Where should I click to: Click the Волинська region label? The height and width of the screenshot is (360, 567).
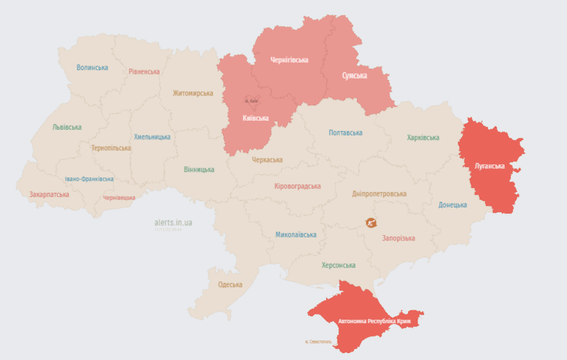click(92, 67)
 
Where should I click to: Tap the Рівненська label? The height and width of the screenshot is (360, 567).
click(144, 72)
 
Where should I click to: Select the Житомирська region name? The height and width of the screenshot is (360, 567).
click(193, 93)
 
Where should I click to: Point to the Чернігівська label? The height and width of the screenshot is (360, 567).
click(290, 60)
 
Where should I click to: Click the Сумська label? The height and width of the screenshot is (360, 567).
click(354, 75)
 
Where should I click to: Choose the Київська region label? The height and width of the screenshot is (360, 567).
click(255, 118)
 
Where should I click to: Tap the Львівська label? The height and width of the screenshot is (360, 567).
click(67, 127)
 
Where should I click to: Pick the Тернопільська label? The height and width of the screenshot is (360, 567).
click(111, 148)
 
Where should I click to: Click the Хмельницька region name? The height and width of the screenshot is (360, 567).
click(152, 137)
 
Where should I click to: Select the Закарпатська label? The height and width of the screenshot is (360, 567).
click(49, 194)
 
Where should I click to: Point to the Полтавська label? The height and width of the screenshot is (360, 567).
click(345, 133)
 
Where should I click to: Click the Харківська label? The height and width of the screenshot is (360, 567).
click(423, 138)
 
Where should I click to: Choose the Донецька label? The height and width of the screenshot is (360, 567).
click(452, 205)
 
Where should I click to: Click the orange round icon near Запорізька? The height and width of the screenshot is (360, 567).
click(371, 223)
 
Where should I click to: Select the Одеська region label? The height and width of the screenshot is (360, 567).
click(230, 285)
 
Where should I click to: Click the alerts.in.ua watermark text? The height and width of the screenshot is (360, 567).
click(173, 223)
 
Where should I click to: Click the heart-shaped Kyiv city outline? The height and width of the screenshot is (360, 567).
click(251, 101)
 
